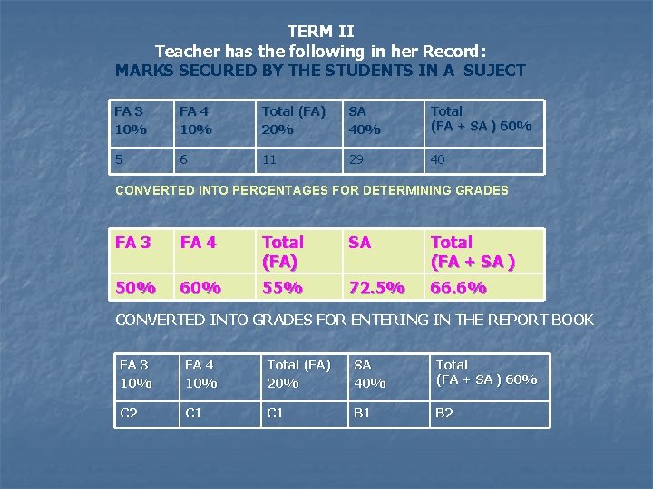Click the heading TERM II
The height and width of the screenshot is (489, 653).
coord(320,32)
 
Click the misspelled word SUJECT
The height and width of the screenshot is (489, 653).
coord(491,70)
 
